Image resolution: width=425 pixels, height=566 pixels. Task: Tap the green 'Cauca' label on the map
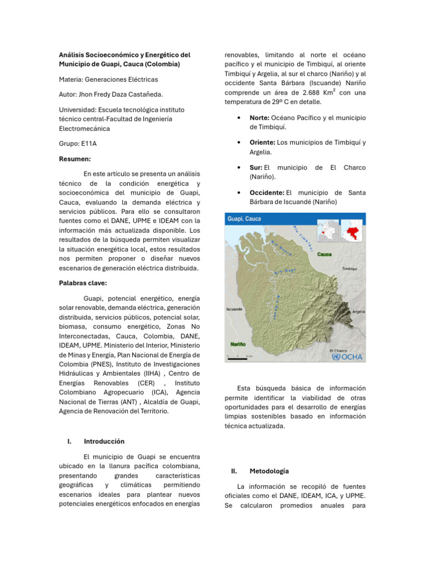(x=324, y=255)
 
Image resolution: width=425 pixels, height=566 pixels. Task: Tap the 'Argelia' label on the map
(x=358, y=312)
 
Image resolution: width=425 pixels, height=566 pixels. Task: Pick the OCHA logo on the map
(x=348, y=357)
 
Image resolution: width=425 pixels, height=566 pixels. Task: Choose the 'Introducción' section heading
(x=104, y=441)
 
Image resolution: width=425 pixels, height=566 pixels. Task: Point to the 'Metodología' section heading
(x=269, y=471)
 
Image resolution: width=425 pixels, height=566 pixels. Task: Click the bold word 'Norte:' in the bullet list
(x=259, y=118)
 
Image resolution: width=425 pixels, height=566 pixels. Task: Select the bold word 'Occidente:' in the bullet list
(x=267, y=192)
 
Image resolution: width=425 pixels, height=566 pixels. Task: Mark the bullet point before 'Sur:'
(x=237, y=167)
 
